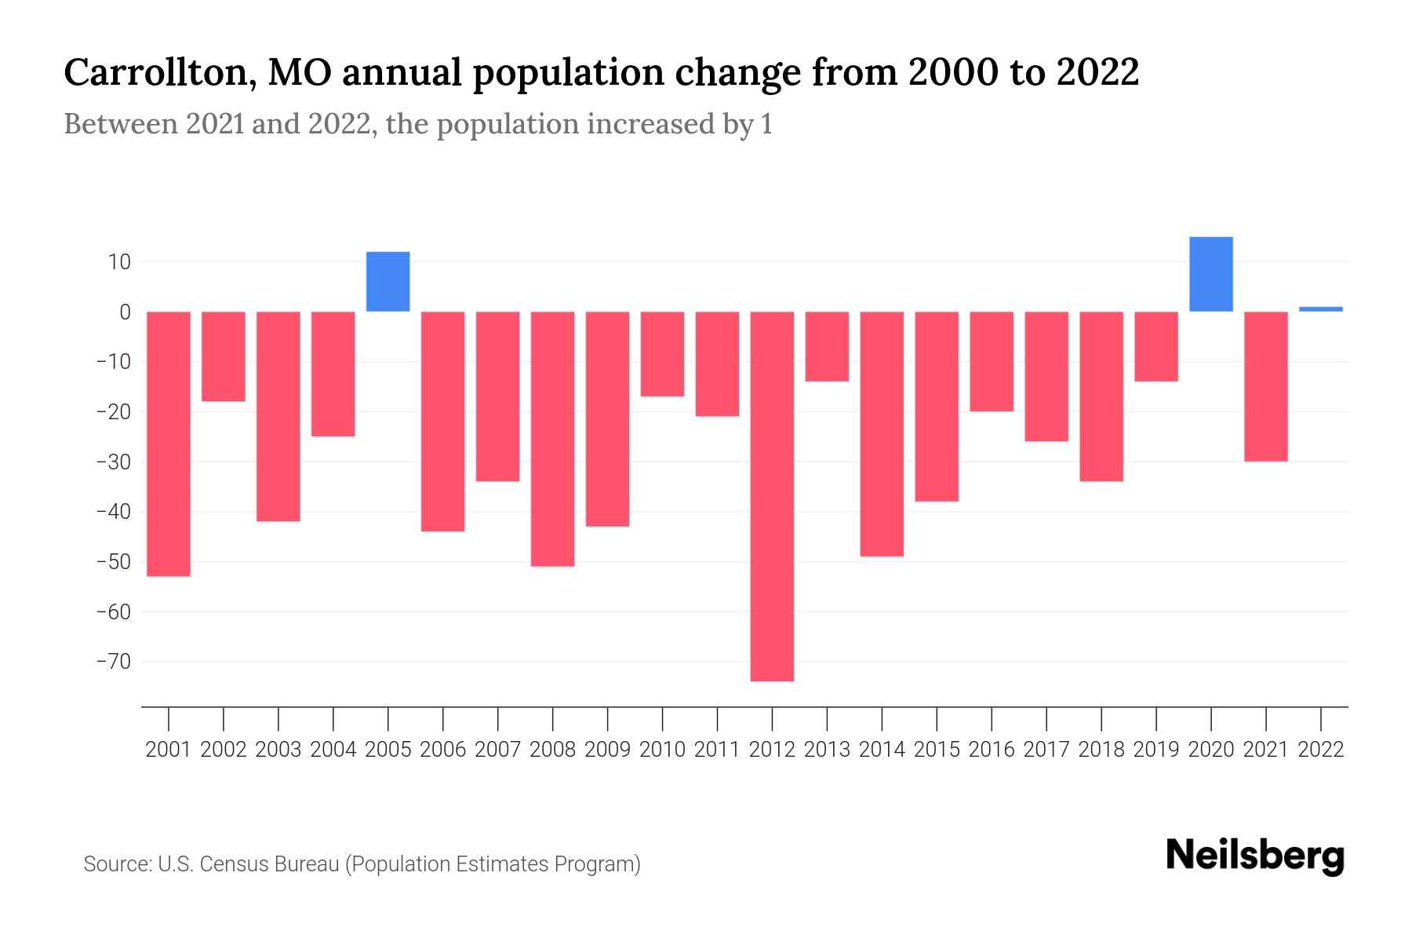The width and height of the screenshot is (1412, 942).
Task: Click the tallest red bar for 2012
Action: (x=772, y=496)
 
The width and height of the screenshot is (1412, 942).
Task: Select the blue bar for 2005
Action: (x=388, y=282)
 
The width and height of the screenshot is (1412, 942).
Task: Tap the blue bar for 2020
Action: (x=1210, y=274)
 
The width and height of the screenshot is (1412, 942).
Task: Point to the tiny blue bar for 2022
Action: (x=1320, y=309)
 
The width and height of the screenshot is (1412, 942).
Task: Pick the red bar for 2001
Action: (x=169, y=444)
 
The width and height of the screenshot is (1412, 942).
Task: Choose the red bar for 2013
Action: (x=827, y=346)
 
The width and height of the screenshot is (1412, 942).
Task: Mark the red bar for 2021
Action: (x=1265, y=386)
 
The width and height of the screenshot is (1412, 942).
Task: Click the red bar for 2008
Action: (x=552, y=439)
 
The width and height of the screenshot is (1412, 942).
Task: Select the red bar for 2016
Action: (x=992, y=361)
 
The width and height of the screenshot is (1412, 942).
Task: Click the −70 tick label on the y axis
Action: (x=114, y=662)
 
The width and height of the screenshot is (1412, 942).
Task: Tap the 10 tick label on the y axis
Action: (x=119, y=261)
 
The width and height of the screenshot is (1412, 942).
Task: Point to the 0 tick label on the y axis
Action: (x=125, y=312)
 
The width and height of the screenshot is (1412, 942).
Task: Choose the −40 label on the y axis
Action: (x=114, y=512)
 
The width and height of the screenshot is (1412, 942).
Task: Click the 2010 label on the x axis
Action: (x=662, y=750)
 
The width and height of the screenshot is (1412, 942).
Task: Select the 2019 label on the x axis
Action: (x=1156, y=750)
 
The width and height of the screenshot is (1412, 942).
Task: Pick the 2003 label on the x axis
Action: (x=278, y=750)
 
